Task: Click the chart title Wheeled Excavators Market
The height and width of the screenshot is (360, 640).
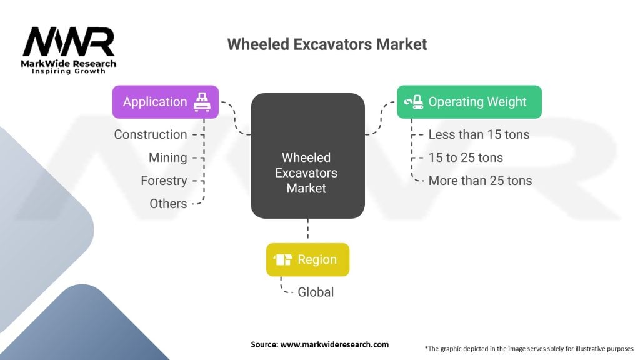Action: (327, 44)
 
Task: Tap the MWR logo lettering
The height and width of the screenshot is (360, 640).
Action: (69, 42)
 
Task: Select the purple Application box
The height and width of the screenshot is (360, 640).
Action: (166, 102)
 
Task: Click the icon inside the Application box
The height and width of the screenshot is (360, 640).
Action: (202, 102)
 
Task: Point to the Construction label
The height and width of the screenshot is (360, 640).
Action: (151, 134)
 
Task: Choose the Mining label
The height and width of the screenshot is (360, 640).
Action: (167, 157)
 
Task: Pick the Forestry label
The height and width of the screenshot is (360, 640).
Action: (164, 181)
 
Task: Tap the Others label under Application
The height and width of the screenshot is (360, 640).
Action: (168, 203)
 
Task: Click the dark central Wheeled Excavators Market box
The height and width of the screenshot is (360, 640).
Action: (307, 156)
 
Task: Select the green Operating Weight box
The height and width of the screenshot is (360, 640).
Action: (469, 102)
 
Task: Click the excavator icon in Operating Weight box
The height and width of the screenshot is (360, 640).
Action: (414, 102)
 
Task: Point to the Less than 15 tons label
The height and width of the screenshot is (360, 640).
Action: (479, 134)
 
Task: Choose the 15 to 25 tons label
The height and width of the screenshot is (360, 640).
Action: (466, 157)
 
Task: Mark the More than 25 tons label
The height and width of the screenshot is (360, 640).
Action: (480, 181)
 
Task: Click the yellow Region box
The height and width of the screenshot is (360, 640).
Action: (307, 259)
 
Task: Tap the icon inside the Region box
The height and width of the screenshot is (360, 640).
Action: (284, 259)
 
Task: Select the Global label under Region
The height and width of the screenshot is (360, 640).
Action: (316, 292)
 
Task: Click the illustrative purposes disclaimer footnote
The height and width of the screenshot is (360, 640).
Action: (529, 348)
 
